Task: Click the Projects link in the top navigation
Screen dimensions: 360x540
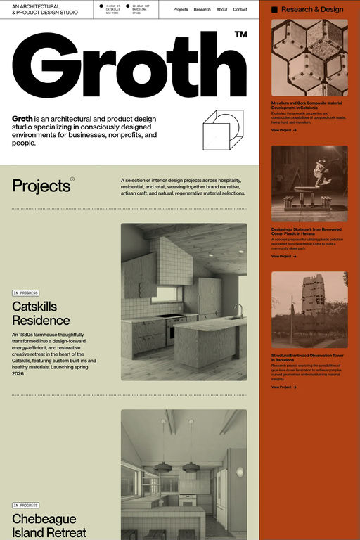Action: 181,10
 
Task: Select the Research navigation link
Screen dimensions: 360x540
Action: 202,10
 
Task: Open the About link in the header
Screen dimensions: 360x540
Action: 221,10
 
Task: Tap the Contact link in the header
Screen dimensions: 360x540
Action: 240,10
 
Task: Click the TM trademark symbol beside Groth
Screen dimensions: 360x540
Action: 240,34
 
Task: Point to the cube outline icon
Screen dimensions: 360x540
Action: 221,130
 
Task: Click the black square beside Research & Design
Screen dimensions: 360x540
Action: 275,10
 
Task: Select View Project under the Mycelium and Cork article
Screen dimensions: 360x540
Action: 283,130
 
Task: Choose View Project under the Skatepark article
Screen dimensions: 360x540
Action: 283,256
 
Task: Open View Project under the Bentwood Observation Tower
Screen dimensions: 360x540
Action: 283,387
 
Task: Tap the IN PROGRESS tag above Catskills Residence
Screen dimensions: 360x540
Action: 25,292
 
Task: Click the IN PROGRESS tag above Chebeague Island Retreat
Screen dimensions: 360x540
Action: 25,505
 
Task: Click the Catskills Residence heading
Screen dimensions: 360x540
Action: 41,313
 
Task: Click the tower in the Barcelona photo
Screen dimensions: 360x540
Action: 312,295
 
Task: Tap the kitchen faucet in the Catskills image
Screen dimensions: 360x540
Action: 238,309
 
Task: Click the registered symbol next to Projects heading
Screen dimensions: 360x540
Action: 72,179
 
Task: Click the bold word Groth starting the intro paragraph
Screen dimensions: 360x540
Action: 22,118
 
